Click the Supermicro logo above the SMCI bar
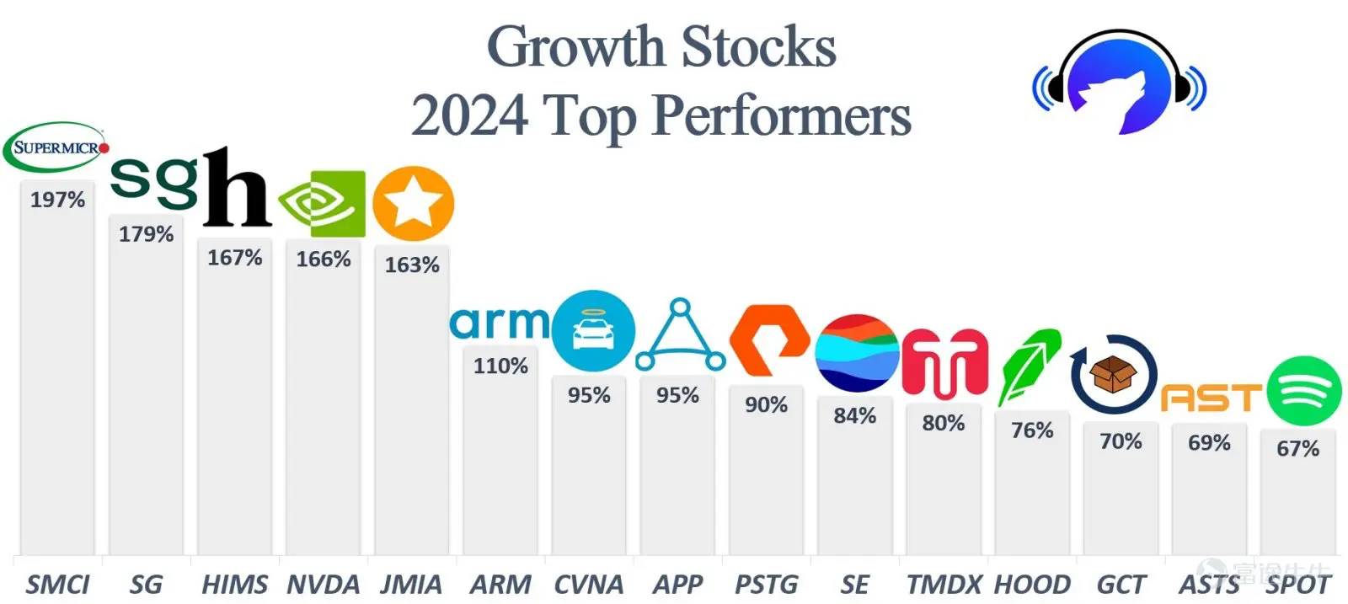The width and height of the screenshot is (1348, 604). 56,147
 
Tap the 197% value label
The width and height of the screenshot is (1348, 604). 57,200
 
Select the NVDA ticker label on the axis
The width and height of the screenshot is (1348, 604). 324,585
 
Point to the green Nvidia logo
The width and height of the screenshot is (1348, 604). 322,204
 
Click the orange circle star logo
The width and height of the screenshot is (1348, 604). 413,204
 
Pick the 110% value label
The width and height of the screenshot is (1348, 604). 500,366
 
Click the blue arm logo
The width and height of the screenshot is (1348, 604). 499,323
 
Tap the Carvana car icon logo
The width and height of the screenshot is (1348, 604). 593,330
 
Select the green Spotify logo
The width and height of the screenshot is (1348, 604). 1303,391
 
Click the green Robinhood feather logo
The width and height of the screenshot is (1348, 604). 1029,366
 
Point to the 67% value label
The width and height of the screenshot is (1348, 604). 1297,448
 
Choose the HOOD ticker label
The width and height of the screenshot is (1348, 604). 1032,585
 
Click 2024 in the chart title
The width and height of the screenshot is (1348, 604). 470,115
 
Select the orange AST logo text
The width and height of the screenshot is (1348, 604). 1211,398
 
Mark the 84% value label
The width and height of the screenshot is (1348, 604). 854,415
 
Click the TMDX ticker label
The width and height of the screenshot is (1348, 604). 944,585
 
